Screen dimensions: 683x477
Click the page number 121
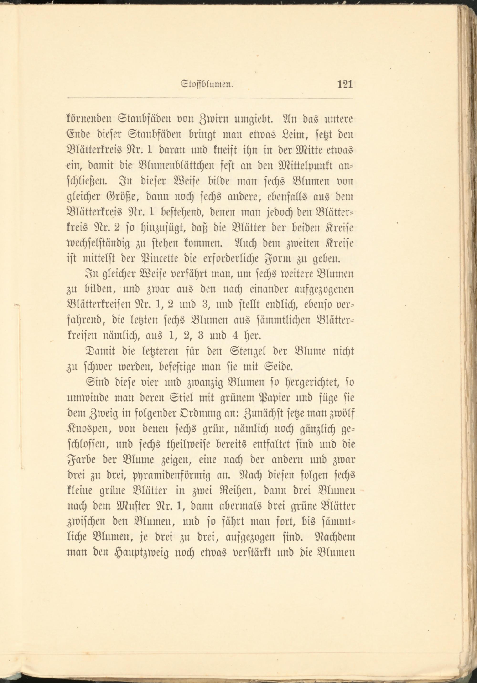pyautogui.click(x=345, y=84)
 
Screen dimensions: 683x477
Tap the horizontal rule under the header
pyautogui.click(x=210, y=98)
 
